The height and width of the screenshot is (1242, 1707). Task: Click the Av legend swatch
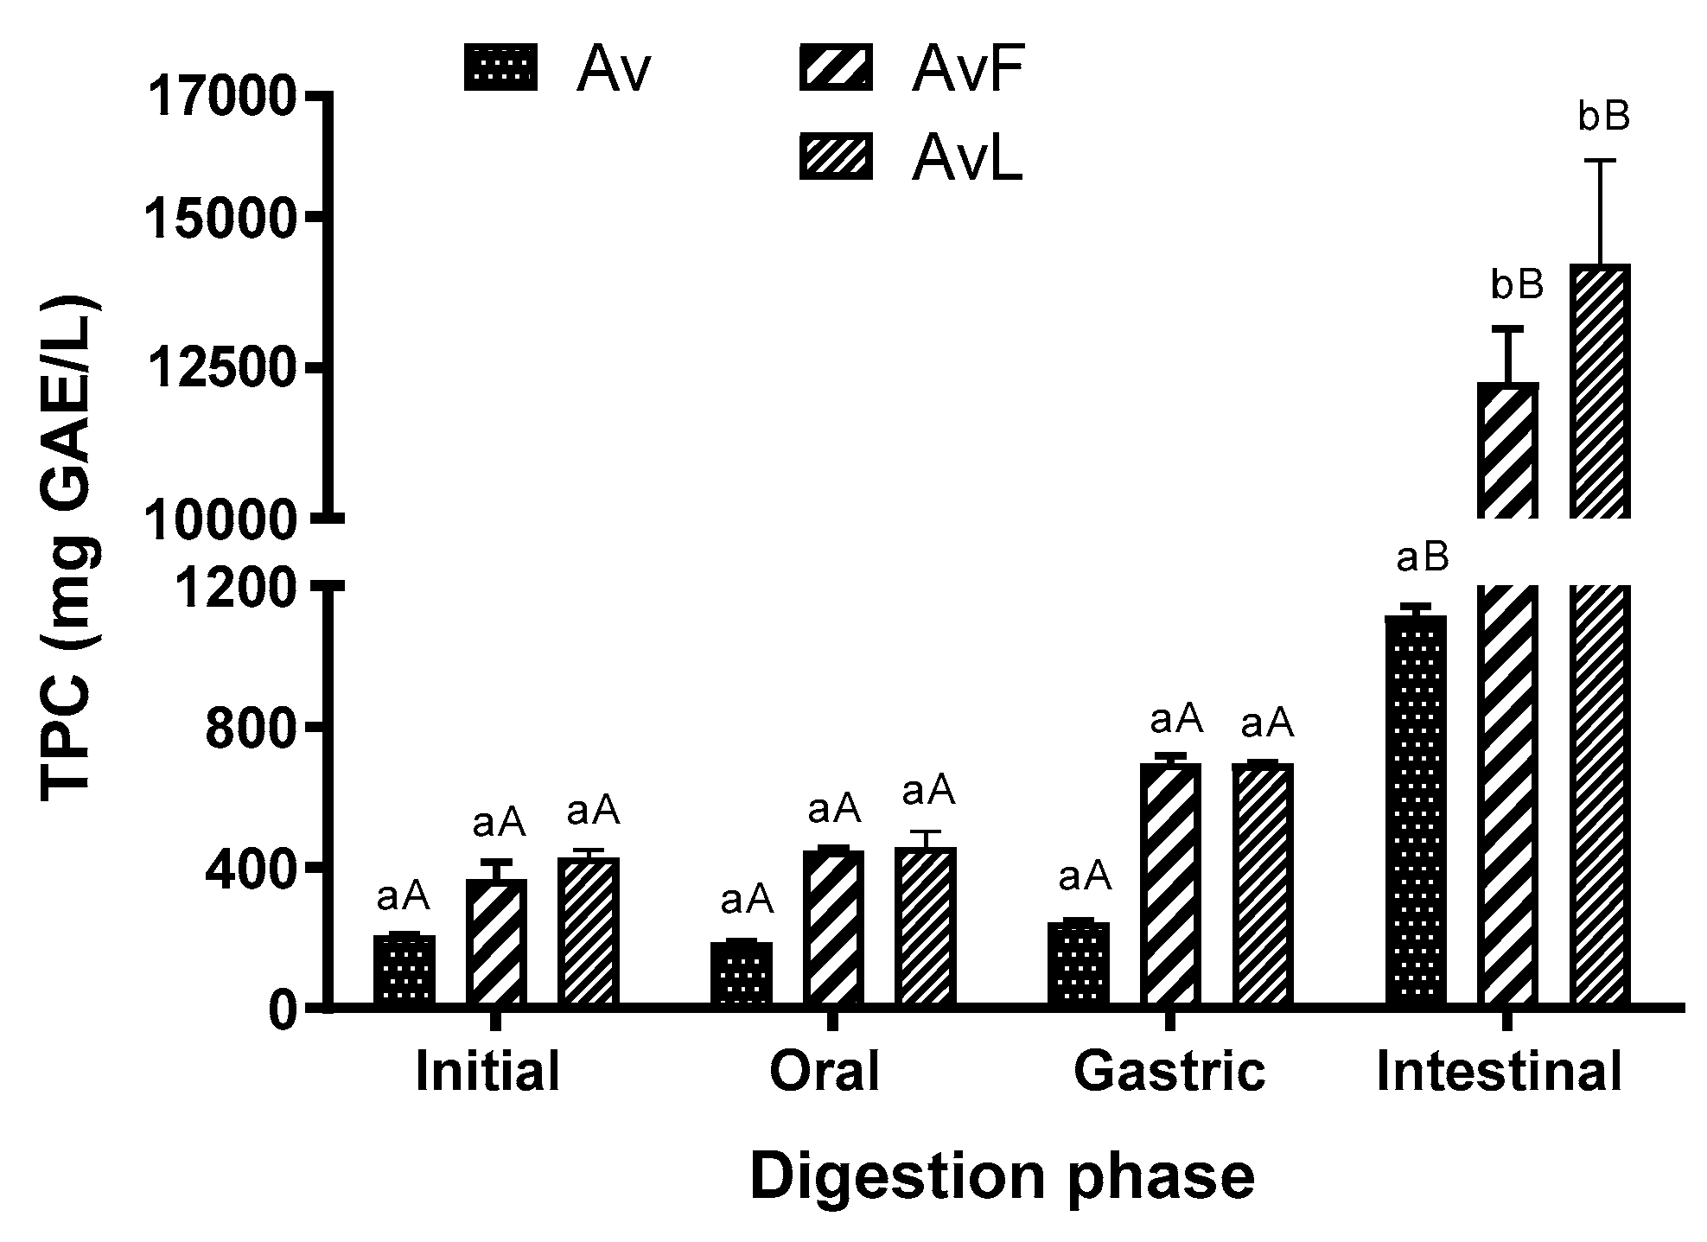500,67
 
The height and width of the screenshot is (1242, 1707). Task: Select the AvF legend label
967,70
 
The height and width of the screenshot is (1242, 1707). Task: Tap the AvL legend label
967,159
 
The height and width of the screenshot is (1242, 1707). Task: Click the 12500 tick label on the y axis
223,370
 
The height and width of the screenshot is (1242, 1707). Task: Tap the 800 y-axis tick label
256,729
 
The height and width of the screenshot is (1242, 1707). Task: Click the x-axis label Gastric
1169,1073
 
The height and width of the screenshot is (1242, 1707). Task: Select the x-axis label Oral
824,1073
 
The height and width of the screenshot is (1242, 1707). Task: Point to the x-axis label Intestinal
1499,1073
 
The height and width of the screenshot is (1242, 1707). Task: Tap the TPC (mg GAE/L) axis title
71,550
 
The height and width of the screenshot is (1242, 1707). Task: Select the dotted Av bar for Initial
404,970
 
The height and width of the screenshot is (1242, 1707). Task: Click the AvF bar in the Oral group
833,927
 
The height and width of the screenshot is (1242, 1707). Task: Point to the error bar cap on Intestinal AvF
1507,328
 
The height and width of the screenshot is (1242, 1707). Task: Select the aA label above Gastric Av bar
1085,877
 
